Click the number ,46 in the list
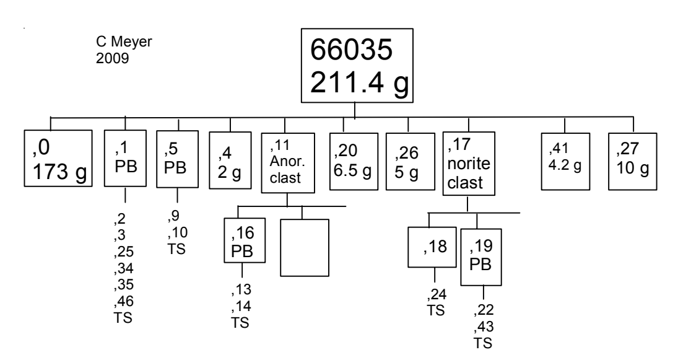124,302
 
